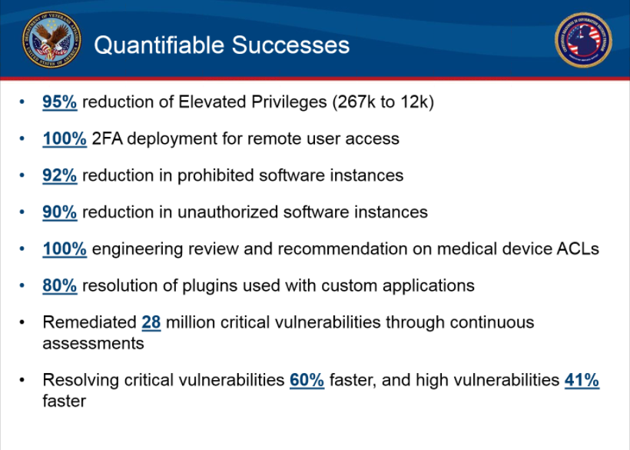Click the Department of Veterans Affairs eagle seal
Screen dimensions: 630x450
51,39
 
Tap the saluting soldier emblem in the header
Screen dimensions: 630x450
583,40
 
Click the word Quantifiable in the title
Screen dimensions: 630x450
159,45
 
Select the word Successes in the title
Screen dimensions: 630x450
290,45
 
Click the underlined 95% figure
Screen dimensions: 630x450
59,102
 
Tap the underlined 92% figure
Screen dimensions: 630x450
59,175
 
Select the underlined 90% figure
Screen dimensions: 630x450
59,212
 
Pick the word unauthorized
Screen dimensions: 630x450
227,212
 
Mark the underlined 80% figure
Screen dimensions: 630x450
59,285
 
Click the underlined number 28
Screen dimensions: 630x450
151,322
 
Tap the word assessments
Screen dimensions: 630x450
93,343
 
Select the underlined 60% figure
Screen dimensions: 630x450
307,380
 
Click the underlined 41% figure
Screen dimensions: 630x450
582,380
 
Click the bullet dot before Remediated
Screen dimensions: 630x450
22,322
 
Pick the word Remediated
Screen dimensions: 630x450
90,322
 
